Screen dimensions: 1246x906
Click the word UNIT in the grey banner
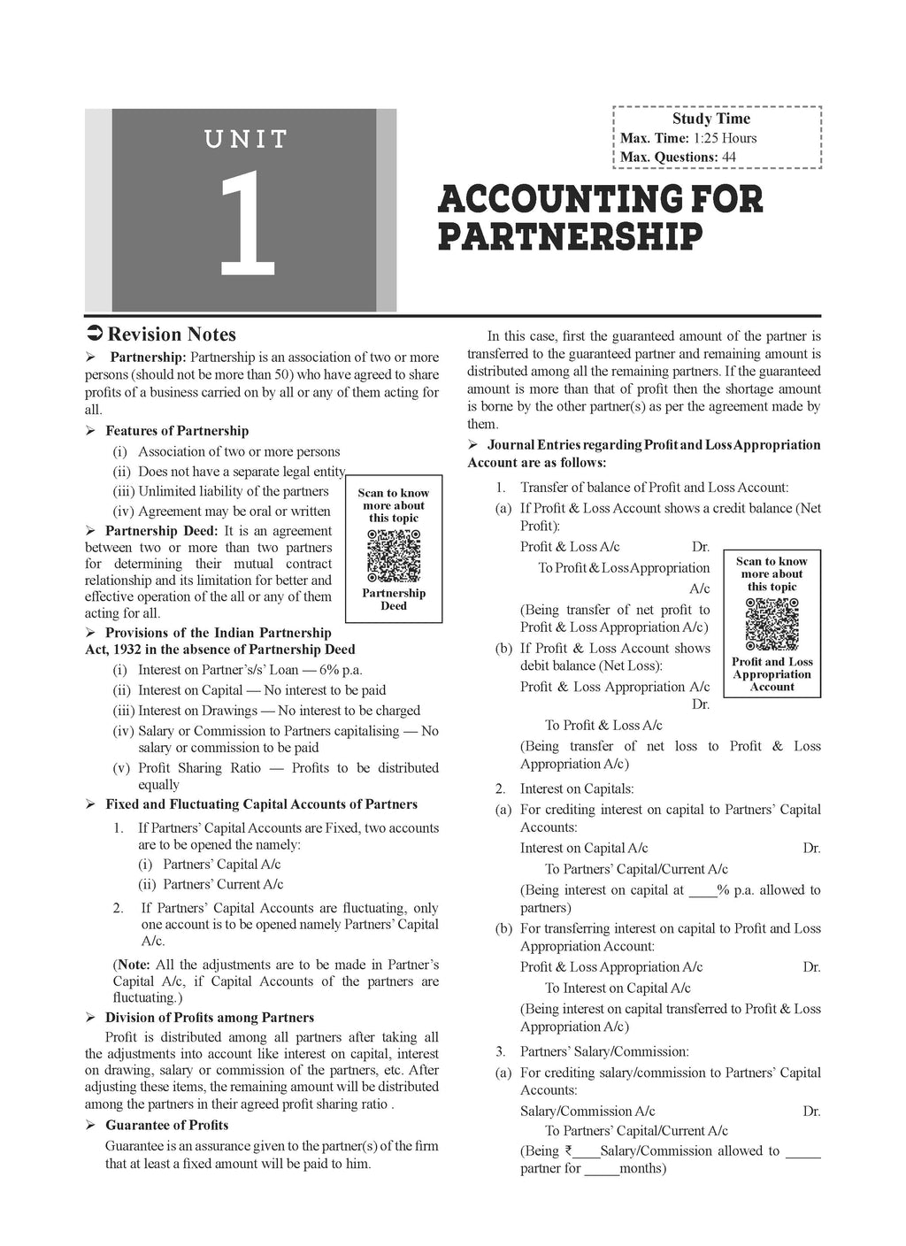pos(246,139)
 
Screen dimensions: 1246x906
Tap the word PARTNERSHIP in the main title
pos(570,237)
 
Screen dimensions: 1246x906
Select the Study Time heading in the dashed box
pos(710,119)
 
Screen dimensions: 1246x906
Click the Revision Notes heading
pos(172,335)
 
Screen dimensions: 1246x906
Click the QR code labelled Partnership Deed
pos(393,556)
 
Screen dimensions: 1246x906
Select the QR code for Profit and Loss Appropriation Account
pos(772,625)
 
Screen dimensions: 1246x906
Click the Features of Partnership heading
pos(177,431)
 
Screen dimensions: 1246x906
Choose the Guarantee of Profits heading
pos(166,1126)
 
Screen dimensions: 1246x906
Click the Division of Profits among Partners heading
pos(210,1018)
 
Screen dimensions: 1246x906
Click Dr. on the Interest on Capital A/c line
pos(811,848)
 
